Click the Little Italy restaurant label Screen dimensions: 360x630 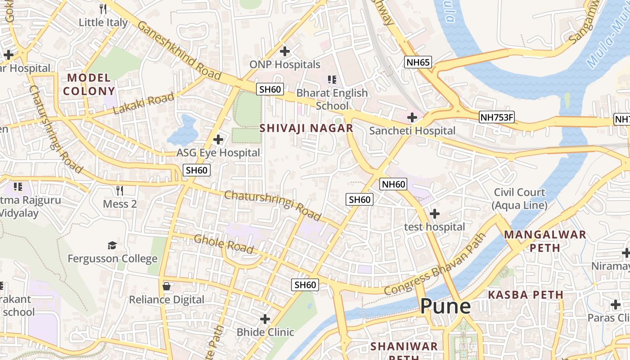103,22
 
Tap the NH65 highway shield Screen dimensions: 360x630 418,62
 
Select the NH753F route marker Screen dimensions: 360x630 496,117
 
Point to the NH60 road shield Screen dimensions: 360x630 394,184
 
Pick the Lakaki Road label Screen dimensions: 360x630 144,103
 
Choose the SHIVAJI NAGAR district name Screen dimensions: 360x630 306,128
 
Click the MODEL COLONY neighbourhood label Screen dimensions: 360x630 89,84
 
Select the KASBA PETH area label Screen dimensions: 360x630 526,295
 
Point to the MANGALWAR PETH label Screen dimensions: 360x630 545,241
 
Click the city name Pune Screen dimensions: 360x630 445,306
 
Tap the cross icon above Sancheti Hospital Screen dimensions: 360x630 412,118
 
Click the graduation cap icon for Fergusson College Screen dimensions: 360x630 112,245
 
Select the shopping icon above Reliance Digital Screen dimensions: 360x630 166,286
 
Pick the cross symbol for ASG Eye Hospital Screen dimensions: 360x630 218,139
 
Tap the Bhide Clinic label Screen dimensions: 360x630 265,332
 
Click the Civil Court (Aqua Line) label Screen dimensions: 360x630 519,198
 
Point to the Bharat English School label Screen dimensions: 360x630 332,99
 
